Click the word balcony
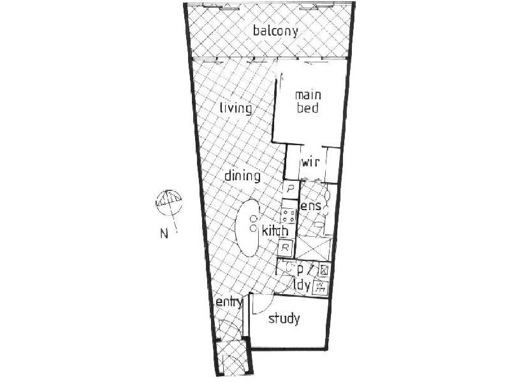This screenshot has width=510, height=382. point(275,31)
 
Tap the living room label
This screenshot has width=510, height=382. point(236,108)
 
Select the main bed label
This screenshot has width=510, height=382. point(308,102)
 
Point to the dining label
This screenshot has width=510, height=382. point(243,176)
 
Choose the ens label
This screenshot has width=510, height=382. point(310,206)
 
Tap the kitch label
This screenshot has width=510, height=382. point(275,230)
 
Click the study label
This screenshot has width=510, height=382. point(284,319)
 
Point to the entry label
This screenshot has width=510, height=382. point(229,303)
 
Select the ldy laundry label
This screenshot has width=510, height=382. point(302,285)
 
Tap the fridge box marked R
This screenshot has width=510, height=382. point(285,248)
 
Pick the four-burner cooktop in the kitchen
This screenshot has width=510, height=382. point(288,215)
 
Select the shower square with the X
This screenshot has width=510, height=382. point(314,248)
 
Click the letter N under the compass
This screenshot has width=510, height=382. point(164,234)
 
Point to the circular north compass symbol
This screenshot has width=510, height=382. point(168,202)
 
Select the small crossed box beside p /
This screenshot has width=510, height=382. point(324,269)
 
